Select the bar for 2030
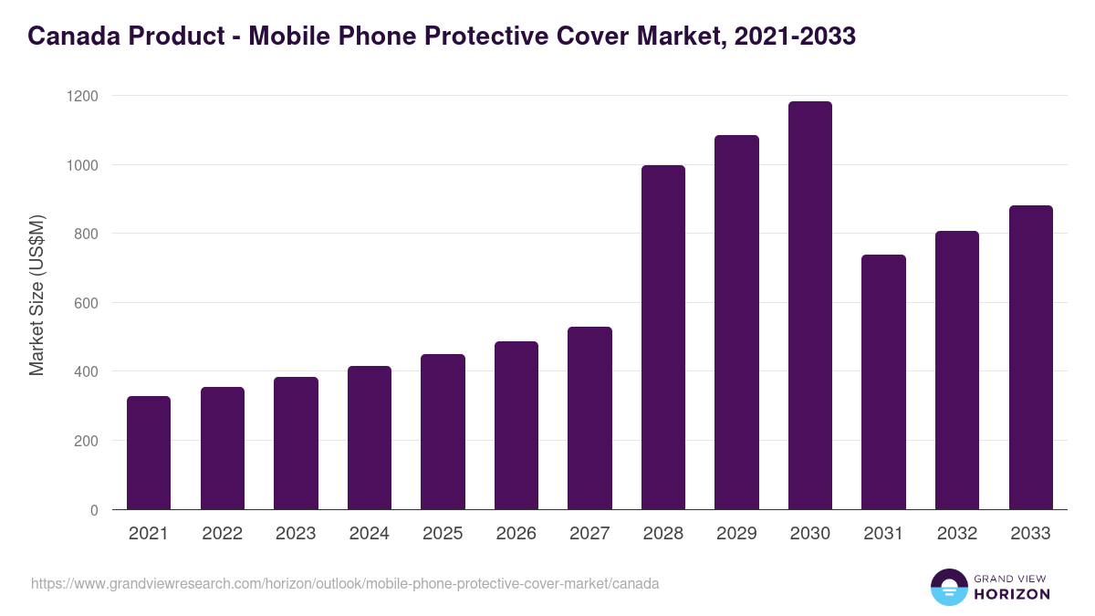(x=809, y=306)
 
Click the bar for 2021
(x=149, y=453)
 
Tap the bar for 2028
(x=662, y=338)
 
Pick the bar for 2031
(x=883, y=382)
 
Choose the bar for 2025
(x=443, y=432)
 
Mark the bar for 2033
(x=1030, y=358)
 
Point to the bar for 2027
(x=589, y=418)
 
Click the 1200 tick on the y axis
(x=83, y=96)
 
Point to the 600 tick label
(x=89, y=303)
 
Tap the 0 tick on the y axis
(x=95, y=510)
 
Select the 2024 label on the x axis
(x=369, y=534)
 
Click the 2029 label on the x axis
(x=736, y=534)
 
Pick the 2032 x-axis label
(x=957, y=534)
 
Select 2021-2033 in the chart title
(x=795, y=37)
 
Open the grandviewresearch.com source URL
(x=345, y=583)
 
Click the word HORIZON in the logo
(x=1012, y=594)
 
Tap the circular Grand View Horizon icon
(x=949, y=587)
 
